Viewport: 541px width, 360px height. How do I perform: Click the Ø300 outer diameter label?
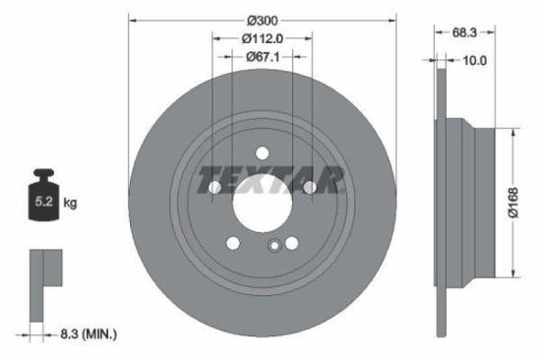point(262,20)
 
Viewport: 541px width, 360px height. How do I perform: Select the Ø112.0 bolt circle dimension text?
point(262,38)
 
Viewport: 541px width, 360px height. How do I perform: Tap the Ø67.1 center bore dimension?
point(262,57)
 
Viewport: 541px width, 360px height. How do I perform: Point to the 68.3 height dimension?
point(465,32)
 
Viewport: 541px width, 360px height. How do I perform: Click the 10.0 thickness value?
point(475,60)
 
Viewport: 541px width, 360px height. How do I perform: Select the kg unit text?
point(70,204)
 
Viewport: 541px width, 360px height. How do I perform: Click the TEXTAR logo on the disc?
point(270,181)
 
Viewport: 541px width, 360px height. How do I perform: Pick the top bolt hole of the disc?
point(263,152)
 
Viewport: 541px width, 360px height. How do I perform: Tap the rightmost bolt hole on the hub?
point(310,187)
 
